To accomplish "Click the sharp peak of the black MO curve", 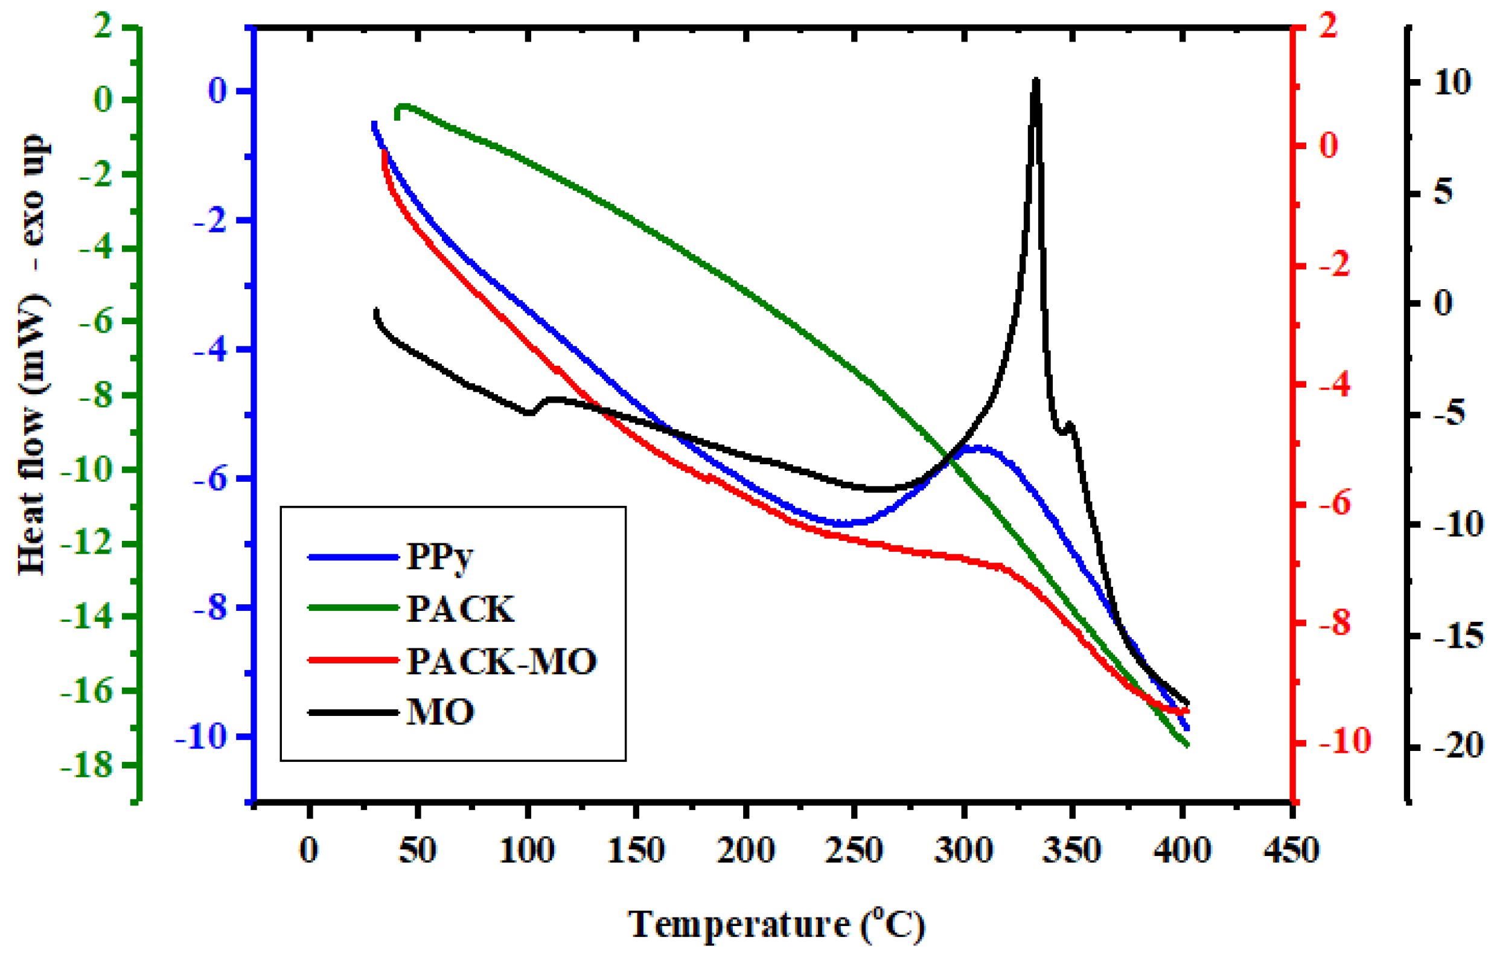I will point(1035,81).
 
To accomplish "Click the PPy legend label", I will point(439,557).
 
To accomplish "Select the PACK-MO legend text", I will point(501,661).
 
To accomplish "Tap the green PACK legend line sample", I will point(353,608).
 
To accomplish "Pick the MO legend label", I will point(441,712).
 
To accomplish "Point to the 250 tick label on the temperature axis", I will point(854,849).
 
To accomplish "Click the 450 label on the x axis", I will point(1292,849).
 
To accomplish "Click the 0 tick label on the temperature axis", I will point(308,849).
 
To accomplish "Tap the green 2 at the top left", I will point(103,28).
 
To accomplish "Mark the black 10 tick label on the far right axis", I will point(1452,83).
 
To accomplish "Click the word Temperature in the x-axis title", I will point(738,924).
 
